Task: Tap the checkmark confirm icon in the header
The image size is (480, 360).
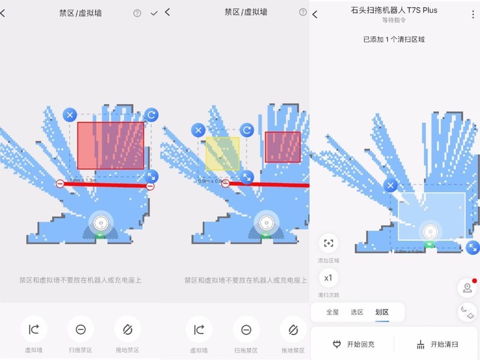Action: (x=154, y=13)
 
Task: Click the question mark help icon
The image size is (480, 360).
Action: (x=137, y=13)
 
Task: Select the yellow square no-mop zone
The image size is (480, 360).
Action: (x=222, y=153)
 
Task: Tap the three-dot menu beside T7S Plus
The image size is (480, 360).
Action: (x=473, y=14)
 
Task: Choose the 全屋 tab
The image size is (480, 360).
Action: (x=332, y=312)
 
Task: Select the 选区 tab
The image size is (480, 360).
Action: (x=357, y=312)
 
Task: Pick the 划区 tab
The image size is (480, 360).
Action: (x=382, y=312)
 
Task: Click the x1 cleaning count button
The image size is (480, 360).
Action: (x=328, y=278)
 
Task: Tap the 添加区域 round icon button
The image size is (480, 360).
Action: (x=328, y=243)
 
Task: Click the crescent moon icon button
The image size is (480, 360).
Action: (x=467, y=311)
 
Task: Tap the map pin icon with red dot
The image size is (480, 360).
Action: (x=467, y=288)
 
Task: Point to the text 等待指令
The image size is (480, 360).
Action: (x=394, y=20)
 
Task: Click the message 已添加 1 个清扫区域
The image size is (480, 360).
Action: (x=394, y=40)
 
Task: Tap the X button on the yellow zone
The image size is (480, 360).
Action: (x=198, y=130)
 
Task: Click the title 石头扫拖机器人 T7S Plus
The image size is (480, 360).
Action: (x=394, y=10)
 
